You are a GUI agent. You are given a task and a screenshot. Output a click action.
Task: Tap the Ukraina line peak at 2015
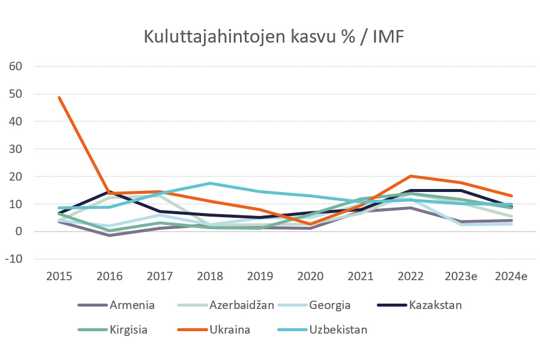point(59,97)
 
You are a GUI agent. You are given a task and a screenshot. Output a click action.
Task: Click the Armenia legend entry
point(132,305)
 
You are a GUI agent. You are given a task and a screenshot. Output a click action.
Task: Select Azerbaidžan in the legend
point(241,305)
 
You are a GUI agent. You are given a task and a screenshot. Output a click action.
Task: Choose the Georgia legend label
point(329,305)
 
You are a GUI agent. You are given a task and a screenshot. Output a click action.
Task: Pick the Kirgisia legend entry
point(129,329)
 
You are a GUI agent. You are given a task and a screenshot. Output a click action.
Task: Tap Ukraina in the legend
point(230,329)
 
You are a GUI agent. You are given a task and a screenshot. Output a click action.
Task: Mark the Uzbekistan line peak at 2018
point(210,183)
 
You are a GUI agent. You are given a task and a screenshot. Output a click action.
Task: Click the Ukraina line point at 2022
point(410,176)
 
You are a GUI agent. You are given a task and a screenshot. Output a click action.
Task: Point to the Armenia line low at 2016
point(110,235)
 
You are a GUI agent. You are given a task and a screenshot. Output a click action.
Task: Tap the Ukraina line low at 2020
point(310,224)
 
